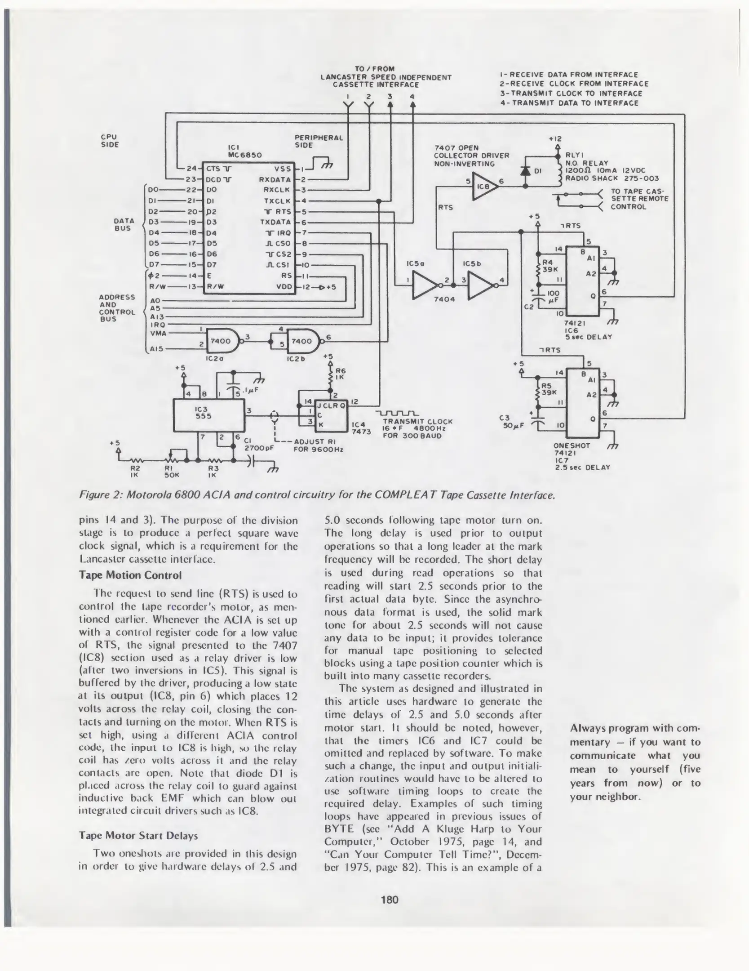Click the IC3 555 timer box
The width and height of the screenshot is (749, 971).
pyautogui.click(x=209, y=415)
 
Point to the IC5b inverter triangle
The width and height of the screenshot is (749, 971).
pyautogui.click(x=481, y=285)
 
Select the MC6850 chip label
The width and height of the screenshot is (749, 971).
pyautogui.click(x=245, y=155)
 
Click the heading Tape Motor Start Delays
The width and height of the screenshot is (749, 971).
pyautogui.click(x=138, y=836)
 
